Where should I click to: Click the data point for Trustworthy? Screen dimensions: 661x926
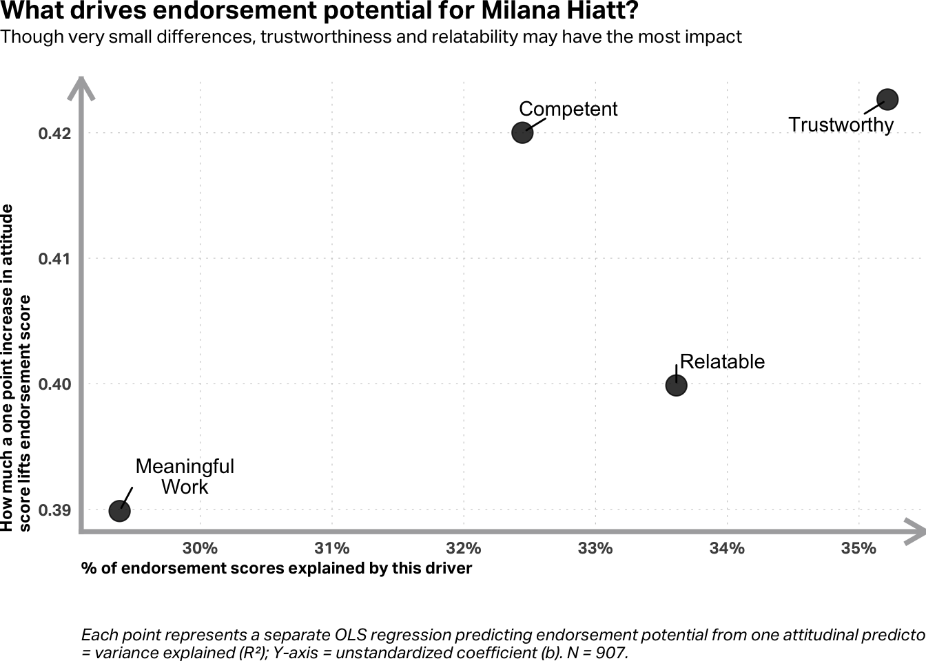tap(887, 100)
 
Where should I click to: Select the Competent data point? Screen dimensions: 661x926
tap(522, 132)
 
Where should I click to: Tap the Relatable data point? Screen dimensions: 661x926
tap(676, 385)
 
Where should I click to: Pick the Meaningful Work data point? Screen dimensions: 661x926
tap(120, 511)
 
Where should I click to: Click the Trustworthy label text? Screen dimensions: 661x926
tap(841, 125)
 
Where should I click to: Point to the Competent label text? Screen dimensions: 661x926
tap(568, 109)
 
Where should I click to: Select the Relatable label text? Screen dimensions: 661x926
tap(722, 361)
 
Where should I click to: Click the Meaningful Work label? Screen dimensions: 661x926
tap(185, 476)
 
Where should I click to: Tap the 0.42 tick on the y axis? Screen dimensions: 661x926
tap(54, 133)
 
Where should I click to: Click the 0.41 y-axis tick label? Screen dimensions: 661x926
tap(54, 259)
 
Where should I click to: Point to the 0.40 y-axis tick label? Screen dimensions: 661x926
tap(54, 384)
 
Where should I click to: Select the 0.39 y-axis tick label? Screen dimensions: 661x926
tap(54, 510)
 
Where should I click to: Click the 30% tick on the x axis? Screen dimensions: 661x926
tap(200, 548)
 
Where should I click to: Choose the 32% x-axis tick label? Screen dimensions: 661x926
tap(464, 548)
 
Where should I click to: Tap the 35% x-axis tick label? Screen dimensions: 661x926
tap(858, 548)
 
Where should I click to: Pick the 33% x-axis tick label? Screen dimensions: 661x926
tap(595, 548)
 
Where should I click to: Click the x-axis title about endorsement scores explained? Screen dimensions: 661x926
tap(276, 568)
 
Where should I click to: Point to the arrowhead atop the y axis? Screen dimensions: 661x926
tap(82, 85)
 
